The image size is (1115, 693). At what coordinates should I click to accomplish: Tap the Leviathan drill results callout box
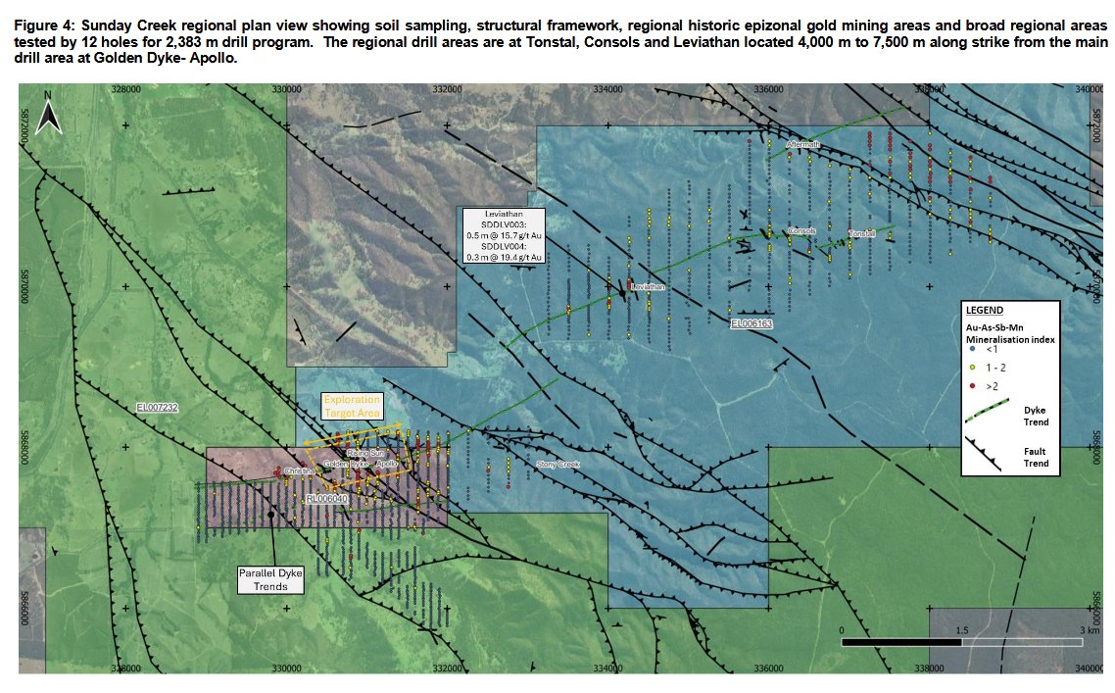504,234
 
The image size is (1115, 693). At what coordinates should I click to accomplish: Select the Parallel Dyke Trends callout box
270,579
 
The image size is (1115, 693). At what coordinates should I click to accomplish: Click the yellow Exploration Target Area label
354,407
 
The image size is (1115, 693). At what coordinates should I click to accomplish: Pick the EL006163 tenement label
752,322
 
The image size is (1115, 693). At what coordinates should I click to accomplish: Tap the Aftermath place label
802,145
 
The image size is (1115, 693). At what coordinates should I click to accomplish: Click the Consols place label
801,231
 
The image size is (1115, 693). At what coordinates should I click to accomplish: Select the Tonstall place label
862,234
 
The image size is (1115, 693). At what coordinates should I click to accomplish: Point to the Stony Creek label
558,464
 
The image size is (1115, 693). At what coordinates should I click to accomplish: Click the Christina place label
299,471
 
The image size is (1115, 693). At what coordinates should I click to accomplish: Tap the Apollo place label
387,464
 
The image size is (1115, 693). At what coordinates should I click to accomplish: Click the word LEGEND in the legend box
984,310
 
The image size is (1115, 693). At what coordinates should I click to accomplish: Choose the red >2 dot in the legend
970,386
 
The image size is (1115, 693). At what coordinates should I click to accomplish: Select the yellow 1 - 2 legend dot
970,367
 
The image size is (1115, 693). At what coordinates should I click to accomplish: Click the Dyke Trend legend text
1036,416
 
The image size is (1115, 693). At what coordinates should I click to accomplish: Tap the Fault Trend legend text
1036,457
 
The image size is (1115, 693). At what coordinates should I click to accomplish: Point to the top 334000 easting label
607,88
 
